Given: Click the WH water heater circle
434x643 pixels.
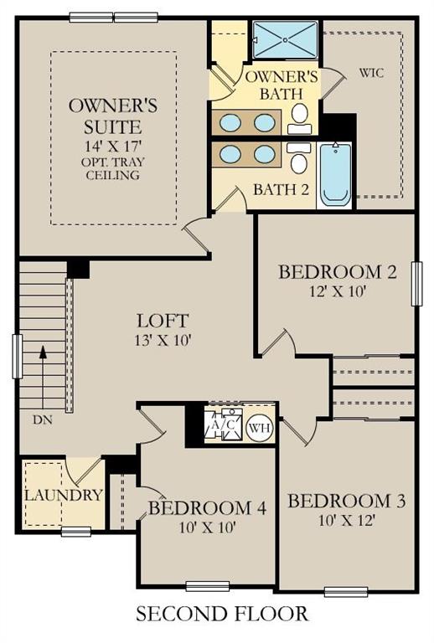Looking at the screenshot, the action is point(260,428).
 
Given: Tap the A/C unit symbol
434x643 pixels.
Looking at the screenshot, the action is point(224,424).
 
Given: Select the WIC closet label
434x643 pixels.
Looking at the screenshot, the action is point(372,73).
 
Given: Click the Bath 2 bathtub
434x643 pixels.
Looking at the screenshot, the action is point(335,174).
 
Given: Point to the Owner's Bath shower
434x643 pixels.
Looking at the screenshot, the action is point(285,40).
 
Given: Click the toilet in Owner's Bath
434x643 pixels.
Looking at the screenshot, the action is point(299,118).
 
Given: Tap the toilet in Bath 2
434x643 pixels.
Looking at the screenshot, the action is point(298,158).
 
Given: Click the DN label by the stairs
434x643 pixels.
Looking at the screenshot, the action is point(42,420).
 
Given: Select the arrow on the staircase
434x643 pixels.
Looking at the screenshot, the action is point(42,378).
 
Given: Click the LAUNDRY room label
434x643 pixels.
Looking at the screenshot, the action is point(64,495).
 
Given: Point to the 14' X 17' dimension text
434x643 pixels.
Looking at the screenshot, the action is point(113,146).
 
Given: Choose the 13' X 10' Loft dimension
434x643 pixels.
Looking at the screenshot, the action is point(163,340).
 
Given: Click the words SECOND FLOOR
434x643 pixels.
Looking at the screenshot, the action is point(222,614).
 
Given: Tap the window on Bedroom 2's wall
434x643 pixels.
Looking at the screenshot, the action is point(416,283).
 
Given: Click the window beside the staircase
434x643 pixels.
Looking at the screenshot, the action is point(18,357).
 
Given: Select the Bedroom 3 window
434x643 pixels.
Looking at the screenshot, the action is point(346,592).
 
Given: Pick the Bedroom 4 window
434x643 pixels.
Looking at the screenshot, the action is point(208,586).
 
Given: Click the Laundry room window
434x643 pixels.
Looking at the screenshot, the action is point(76,532).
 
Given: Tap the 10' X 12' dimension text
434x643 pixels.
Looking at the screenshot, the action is point(347,521).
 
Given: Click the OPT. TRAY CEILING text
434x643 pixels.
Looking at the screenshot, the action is point(113,168).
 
